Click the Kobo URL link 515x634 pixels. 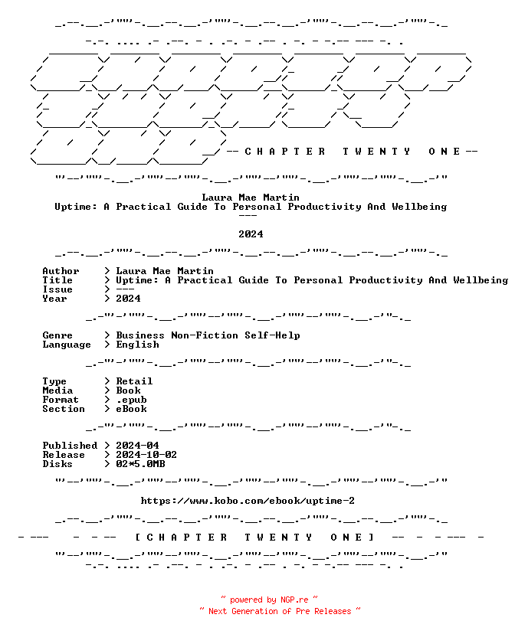(248, 501)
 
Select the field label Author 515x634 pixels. (61, 271)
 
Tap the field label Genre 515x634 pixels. (57, 335)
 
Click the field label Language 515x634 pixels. (67, 345)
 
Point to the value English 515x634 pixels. (137, 345)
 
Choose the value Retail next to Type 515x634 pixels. (134, 381)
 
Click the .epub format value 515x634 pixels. (132, 400)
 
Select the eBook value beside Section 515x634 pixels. (132, 409)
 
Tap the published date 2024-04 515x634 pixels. (137, 446)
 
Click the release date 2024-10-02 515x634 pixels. (146, 455)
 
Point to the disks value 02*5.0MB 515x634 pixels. (140, 464)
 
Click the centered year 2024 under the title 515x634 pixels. (251, 234)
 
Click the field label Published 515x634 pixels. (70, 446)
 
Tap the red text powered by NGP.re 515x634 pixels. (269, 600)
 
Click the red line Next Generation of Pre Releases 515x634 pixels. (280, 611)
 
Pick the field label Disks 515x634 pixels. (57, 464)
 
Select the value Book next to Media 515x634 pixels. (128, 391)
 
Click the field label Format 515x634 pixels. (61, 400)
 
